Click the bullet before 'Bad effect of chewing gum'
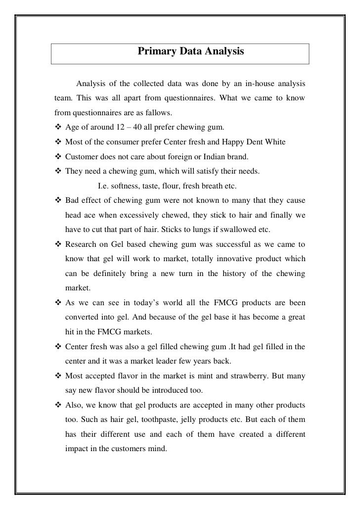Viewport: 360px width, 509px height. pyautogui.click(x=57, y=200)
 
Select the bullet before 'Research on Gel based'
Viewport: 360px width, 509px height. pyautogui.click(x=57, y=244)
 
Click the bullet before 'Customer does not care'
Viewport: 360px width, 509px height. pyautogui.click(x=57, y=157)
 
